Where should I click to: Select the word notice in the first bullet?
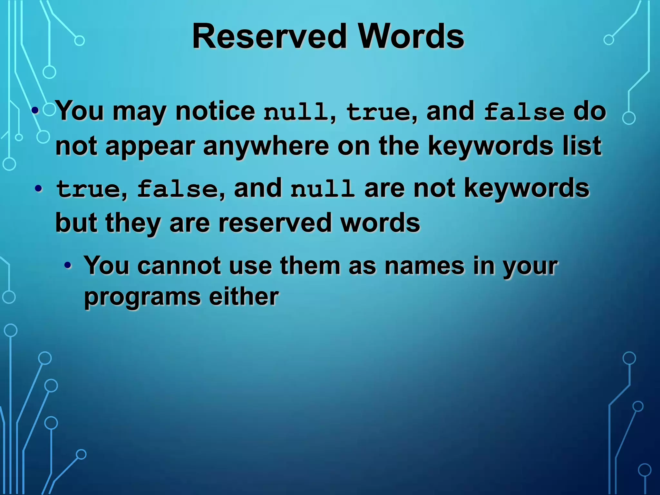[215, 111]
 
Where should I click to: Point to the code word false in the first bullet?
[524, 112]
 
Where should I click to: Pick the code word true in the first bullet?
[378, 112]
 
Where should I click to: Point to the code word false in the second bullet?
[178, 189]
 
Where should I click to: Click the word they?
[133, 223]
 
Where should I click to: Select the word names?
[424, 266]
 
